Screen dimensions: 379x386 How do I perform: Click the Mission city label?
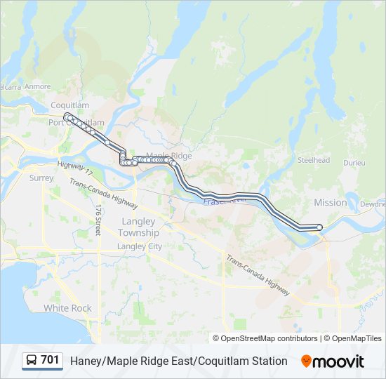click(330, 202)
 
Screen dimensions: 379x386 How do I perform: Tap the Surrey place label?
click(41, 178)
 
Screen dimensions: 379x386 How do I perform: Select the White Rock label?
click(67, 308)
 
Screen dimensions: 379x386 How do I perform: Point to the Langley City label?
click(139, 246)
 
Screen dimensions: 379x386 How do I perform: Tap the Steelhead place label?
click(313, 160)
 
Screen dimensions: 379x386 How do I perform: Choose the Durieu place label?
click(354, 163)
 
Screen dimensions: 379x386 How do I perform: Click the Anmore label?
click(38, 87)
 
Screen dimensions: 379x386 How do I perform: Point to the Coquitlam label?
click(70, 105)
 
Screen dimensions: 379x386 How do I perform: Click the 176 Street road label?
click(99, 220)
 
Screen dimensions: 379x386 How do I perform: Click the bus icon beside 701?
click(32, 361)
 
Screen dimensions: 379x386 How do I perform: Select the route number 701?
click(50, 360)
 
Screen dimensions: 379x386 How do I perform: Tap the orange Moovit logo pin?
click(306, 361)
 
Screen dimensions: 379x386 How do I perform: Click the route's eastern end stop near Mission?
click(319, 227)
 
